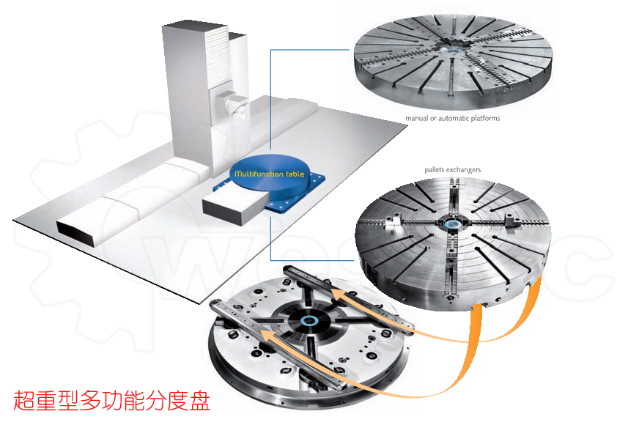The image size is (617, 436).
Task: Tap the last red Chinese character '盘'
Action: click(199, 401)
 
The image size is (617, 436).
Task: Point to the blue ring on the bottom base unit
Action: click(311, 320)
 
